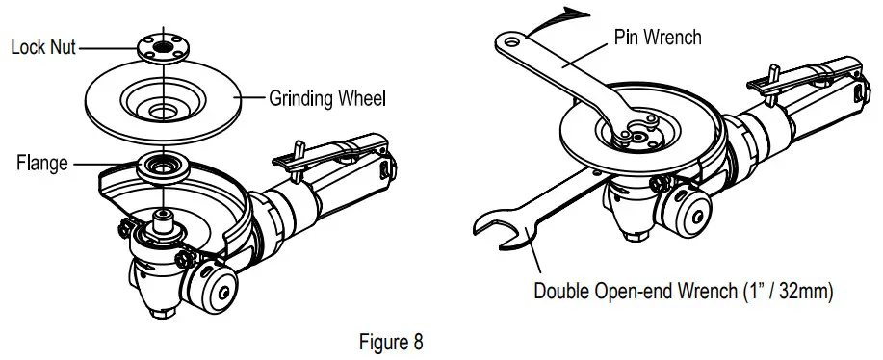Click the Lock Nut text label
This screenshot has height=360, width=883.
43,45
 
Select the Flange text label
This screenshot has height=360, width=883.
41,163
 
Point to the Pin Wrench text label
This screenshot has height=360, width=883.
657,38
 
